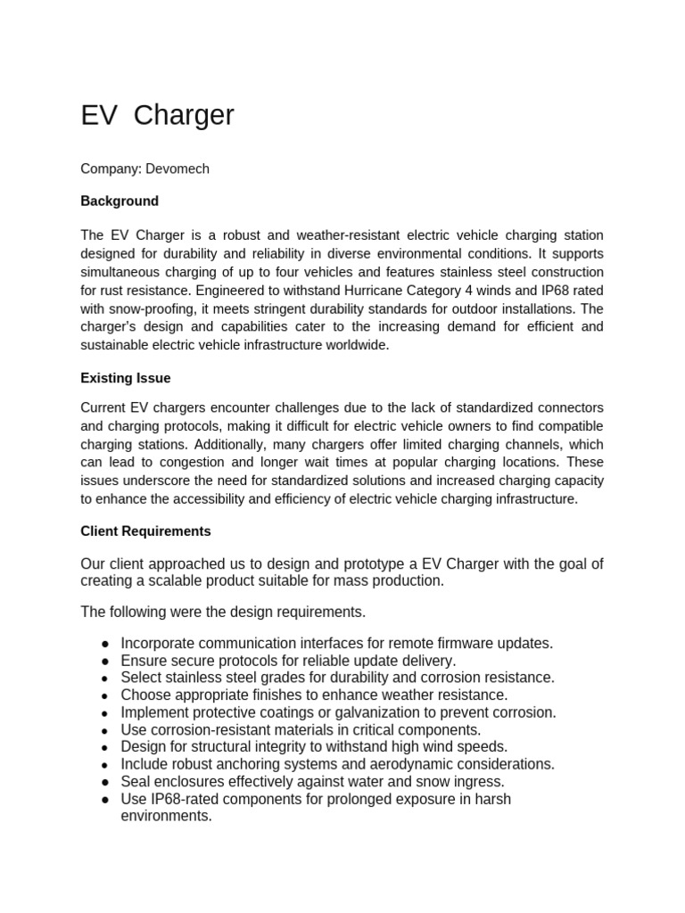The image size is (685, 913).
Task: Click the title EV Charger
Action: point(157,115)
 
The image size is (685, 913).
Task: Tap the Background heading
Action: point(120,201)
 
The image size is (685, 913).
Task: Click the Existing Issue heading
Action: point(125,378)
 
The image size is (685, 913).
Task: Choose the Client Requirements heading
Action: point(145,531)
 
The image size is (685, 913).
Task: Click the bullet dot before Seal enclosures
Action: point(105,782)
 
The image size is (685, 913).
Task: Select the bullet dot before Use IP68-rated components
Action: point(105,800)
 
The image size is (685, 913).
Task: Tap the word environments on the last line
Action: point(166,816)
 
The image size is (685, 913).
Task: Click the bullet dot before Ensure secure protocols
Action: point(105,662)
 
